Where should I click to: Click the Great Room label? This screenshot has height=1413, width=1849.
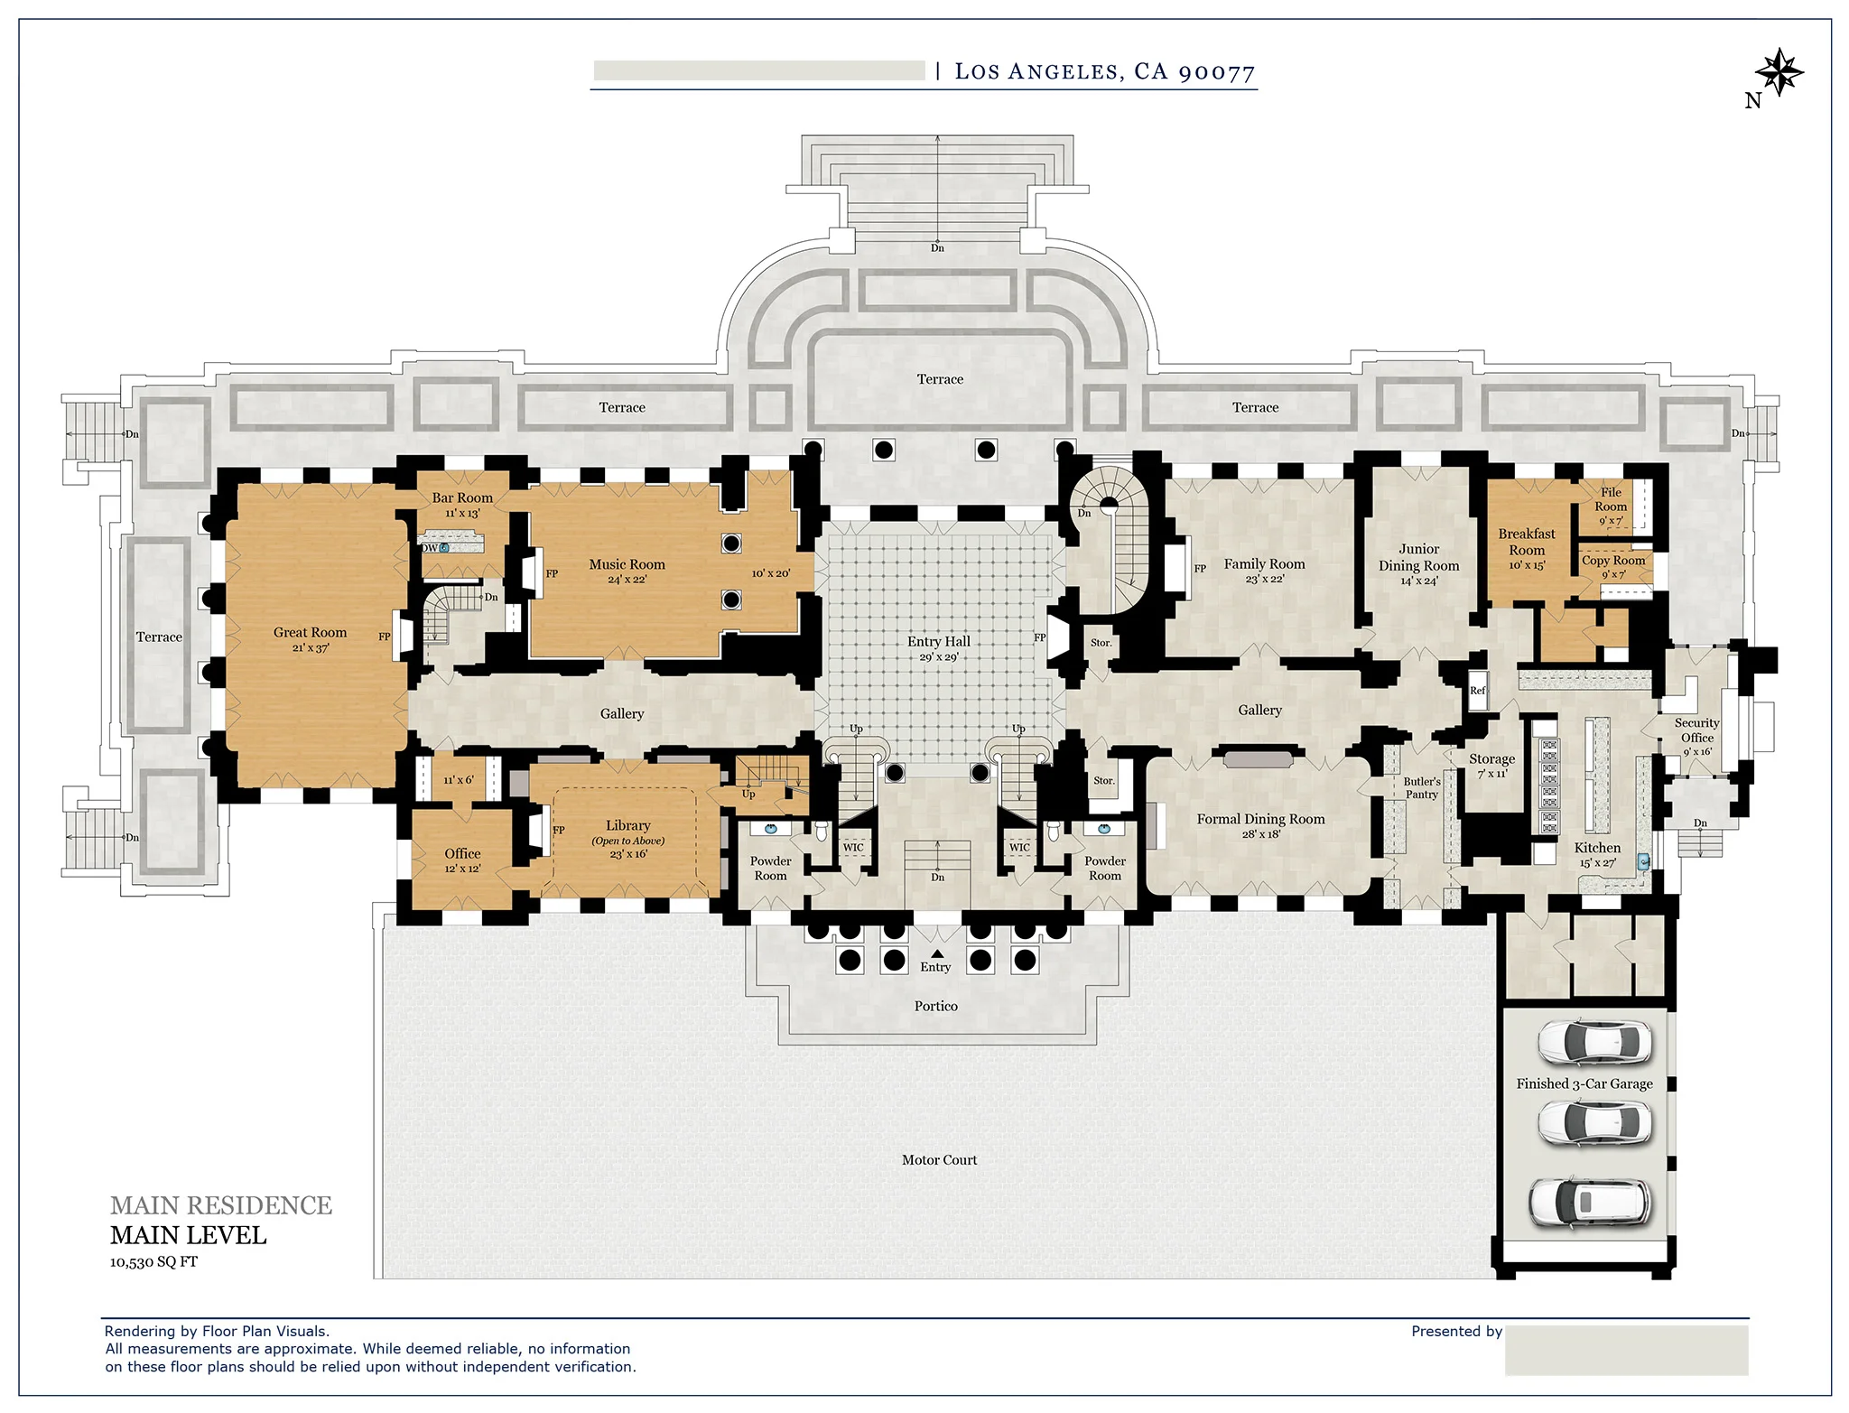(310, 632)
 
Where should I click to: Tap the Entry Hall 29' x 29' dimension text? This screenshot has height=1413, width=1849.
(938, 657)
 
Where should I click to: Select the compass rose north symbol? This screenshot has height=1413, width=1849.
(1778, 72)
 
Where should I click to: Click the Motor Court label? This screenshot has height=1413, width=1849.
(939, 1160)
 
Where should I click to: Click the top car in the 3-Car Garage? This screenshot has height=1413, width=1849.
(1594, 1042)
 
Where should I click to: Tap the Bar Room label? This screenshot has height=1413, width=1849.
(462, 497)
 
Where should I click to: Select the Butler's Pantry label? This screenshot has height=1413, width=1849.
(1421, 787)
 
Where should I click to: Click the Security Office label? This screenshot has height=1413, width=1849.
(1696, 730)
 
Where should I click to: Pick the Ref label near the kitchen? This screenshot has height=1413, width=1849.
(1477, 691)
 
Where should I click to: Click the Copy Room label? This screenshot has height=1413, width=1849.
(1613, 560)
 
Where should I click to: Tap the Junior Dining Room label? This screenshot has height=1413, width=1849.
(1418, 557)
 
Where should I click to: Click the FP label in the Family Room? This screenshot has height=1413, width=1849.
(1200, 569)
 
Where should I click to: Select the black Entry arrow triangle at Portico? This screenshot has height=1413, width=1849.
(937, 953)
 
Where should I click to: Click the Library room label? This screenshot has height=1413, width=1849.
(627, 825)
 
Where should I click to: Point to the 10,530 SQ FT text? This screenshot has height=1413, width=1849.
(153, 1262)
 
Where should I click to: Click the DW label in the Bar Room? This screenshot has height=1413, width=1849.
(430, 548)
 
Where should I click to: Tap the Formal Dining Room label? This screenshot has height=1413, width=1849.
(1260, 819)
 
